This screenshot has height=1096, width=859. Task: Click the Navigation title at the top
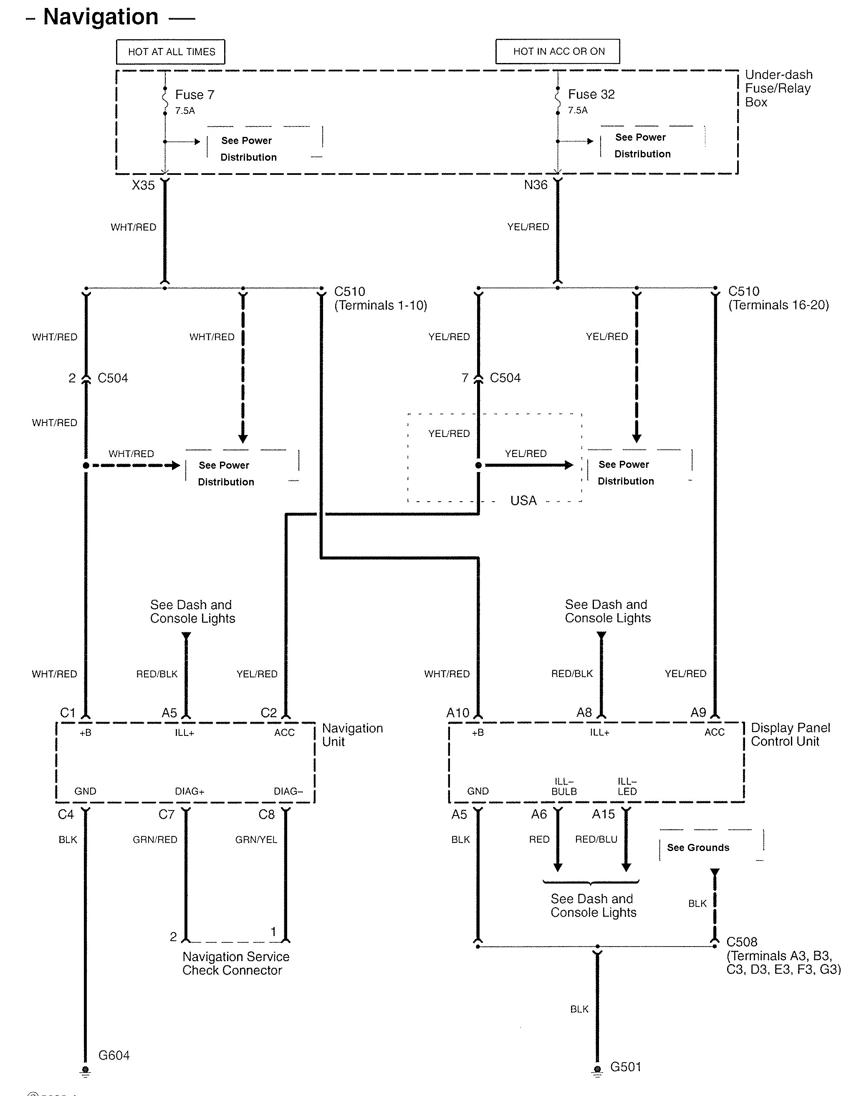click(101, 17)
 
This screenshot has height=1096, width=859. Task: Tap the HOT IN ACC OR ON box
click(558, 51)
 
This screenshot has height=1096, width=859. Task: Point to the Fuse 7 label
click(194, 94)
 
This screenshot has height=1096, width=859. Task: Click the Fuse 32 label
click(591, 94)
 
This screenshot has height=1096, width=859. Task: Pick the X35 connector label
click(143, 185)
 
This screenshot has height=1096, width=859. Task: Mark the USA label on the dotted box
click(523, 500)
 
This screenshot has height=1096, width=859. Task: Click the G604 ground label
click(114, 1055)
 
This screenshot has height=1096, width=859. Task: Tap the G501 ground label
click(626, 1066)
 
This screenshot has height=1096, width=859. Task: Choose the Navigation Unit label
click(352, 735)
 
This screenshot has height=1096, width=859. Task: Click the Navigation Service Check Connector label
click(235, 963)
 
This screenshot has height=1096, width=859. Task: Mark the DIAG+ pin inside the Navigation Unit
click(189, 791)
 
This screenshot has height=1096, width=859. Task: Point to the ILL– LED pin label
click(627, 786)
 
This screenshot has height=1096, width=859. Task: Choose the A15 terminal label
click(603, 814)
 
